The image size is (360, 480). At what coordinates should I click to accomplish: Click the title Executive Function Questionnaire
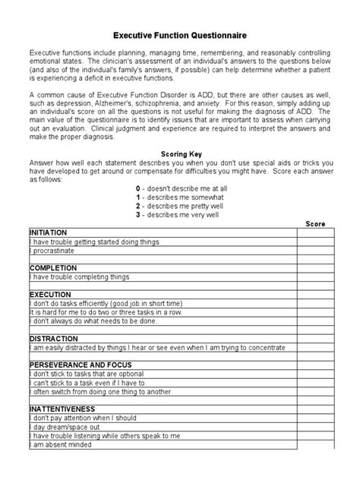[x=179, y=35]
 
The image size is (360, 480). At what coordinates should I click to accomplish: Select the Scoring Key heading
[x=179, y=154]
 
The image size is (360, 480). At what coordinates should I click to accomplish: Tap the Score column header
[x=315, y=224]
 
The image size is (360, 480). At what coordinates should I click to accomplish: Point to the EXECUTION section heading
[x=50, y=294]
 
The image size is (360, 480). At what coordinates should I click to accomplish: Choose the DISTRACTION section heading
[x=53, y=339]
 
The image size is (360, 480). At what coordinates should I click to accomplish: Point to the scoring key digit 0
[x=138, y=187]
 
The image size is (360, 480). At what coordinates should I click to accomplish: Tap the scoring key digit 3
[x=138, y=214]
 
